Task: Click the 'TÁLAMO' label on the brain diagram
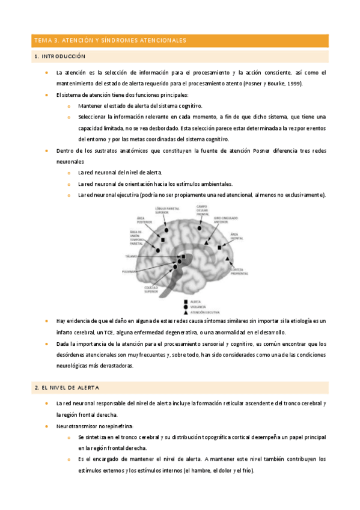coord(131,256)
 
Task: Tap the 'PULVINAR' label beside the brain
coord(130,271)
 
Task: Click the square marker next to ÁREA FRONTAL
coord(220,247)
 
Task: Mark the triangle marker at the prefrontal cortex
coord(228,259)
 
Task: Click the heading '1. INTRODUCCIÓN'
coord(60,57)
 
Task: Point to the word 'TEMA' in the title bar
coord(43,40)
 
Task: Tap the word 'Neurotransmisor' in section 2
coord(75,425)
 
